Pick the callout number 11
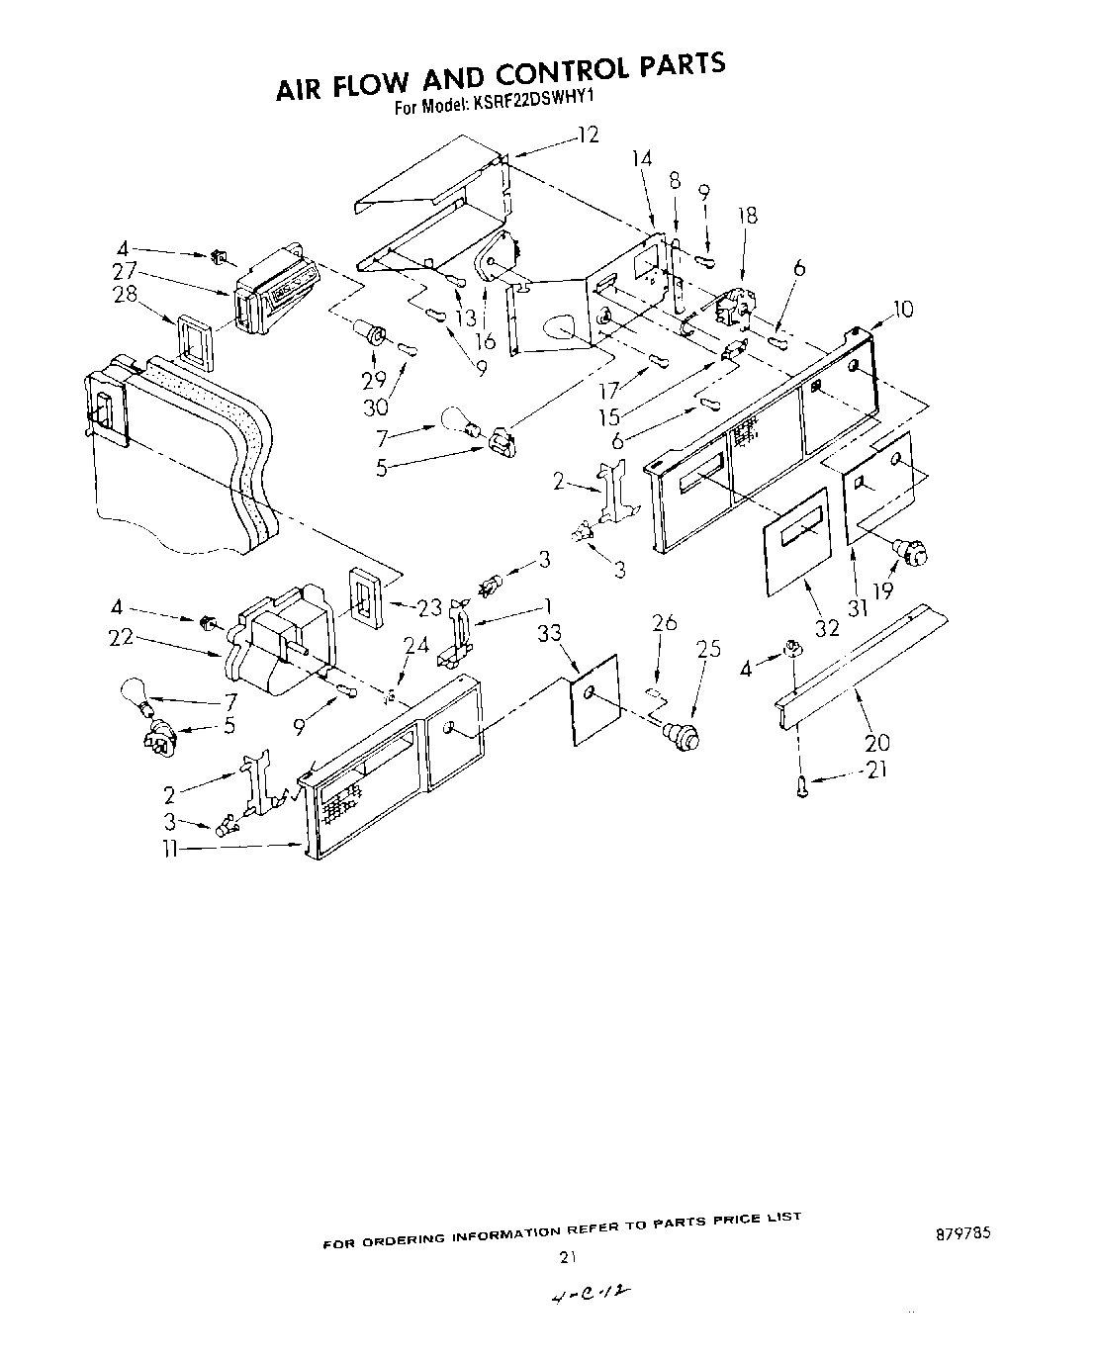coord(172,849)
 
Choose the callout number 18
coord(748,216)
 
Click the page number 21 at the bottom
coord(567,1258)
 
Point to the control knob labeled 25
coord(682,734)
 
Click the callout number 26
coord(665,622)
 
